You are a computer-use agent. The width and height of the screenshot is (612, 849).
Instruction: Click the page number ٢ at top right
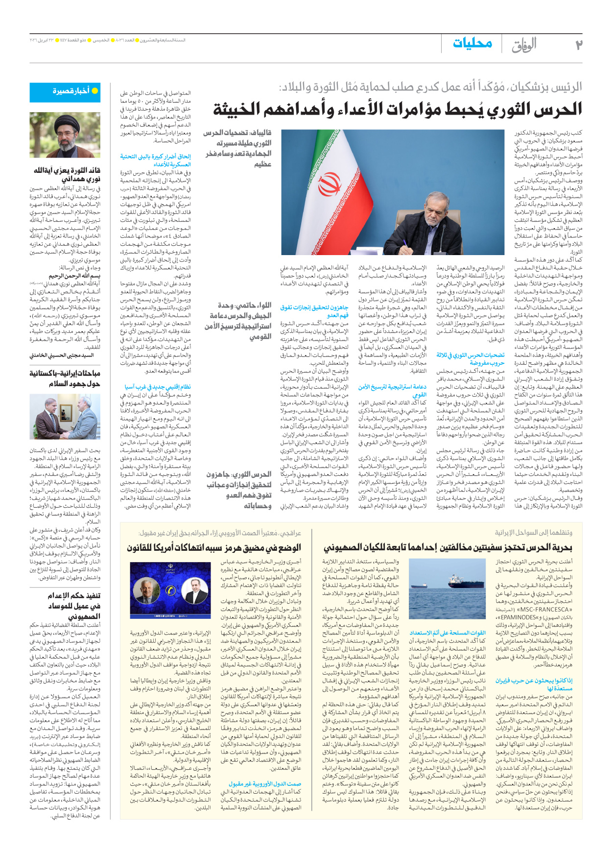(x=578, y=45)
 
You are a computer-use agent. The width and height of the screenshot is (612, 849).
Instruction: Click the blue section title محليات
(x=472, y=44)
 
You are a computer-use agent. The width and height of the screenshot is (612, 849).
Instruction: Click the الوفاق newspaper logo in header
(x=524, y=46)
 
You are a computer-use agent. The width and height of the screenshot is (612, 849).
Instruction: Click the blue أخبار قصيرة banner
(x=71, y=92)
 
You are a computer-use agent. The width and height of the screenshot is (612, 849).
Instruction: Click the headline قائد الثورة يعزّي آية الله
(x=67, y=175)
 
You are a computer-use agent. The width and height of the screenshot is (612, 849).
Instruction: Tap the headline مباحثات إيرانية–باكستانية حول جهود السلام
(x=65, y=378)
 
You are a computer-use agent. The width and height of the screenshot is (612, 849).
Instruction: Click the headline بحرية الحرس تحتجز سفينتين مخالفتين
(x=447, y=547)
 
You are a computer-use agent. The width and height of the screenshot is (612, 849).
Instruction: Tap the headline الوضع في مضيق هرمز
(x=214, y=547)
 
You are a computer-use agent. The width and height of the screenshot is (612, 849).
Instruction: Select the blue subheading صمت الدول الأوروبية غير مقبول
(x=265, y=784)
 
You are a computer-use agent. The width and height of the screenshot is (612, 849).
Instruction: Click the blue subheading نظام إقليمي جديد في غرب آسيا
(x=158, y=387)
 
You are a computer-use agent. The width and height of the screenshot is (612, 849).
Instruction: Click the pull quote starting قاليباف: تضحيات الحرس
(x=238, y=148)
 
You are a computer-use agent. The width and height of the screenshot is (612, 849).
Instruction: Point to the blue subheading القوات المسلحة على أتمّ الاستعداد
(x=447, y=633)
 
